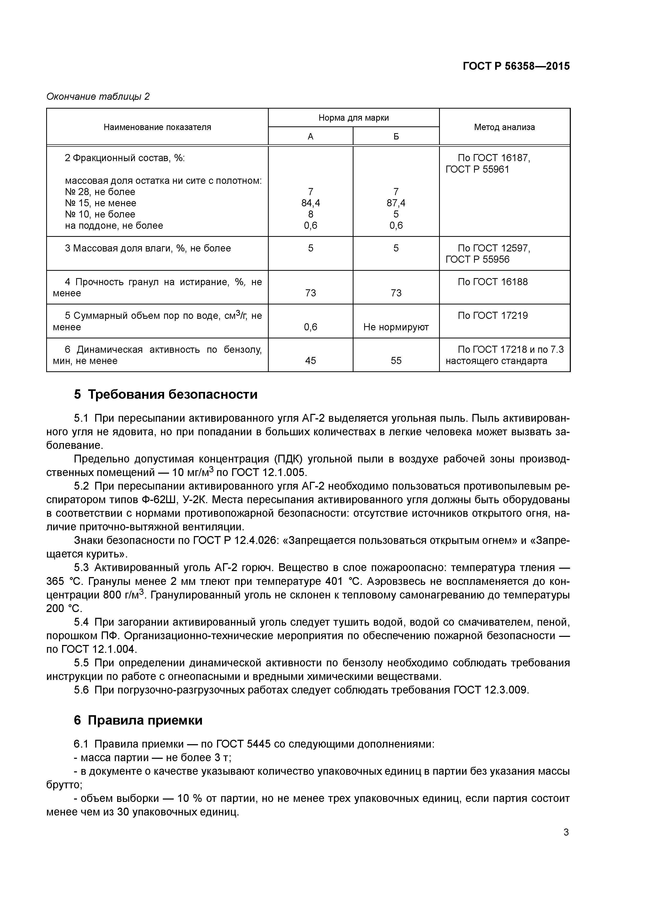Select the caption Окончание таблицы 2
point(98,97)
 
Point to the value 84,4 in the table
point(310,203)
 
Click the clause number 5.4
point(81,622)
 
